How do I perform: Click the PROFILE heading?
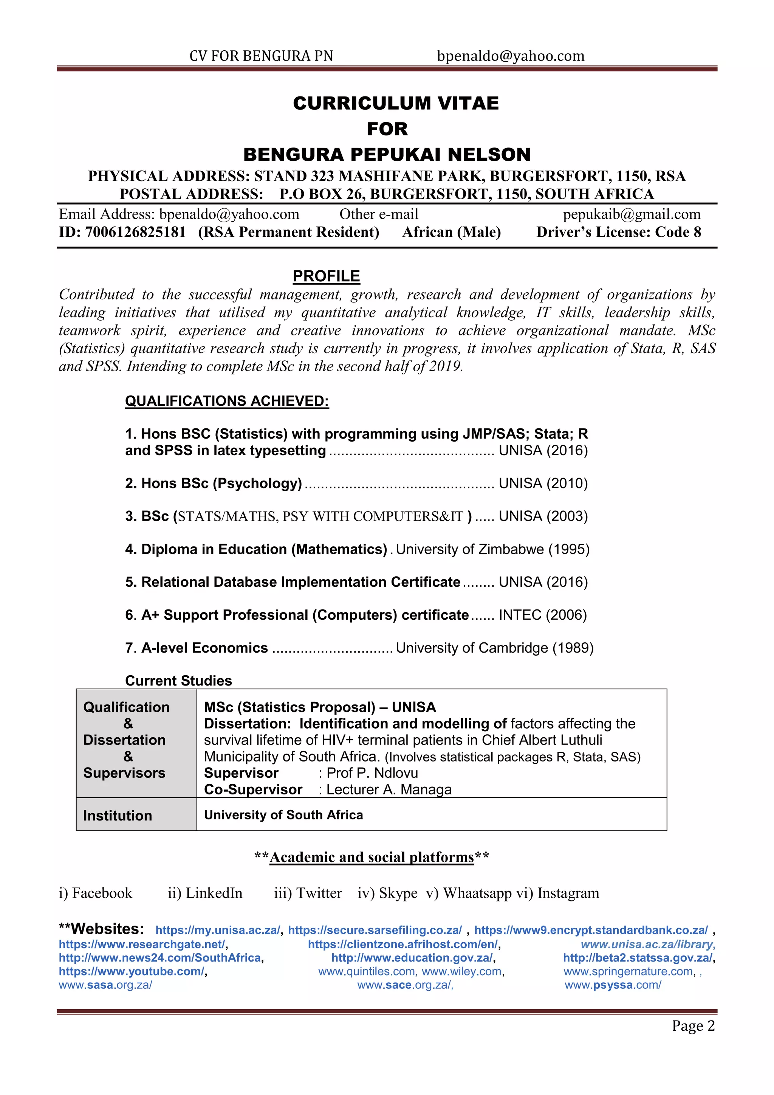(x=326, y=276)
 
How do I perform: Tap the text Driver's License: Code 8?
(x=618, y=232)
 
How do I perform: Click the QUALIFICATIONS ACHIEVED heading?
(x=227, y=401)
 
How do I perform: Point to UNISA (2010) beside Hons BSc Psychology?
(x=543, y=483)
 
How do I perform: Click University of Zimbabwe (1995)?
(x=492, y=549)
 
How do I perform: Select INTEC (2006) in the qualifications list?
(x=542, y=615)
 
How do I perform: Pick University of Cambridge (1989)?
(x=494, y=648)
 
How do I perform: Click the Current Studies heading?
(x=178, y=681)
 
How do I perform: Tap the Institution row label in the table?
(x=117, y=816)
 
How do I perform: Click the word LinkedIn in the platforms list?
(x=214, y=893)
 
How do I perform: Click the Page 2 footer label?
(x=693, y=1026)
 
